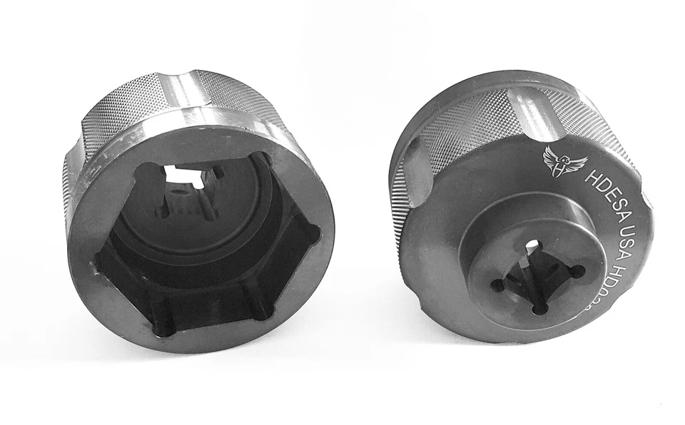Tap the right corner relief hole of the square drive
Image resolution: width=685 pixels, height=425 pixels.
[577, 270]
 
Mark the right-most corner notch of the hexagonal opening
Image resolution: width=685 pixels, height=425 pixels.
[311, 232]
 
